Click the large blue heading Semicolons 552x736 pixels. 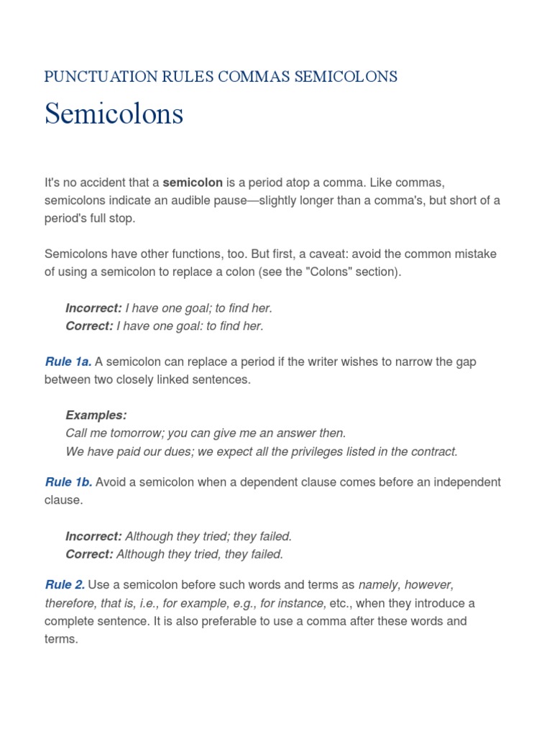click(114, 114)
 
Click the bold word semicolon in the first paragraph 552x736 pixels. click(193, 183)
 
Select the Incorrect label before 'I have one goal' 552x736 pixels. click(93, 308)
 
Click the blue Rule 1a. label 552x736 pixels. click(68, 362)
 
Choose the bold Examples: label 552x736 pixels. click(96, 415)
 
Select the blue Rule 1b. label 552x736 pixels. click(68, 482)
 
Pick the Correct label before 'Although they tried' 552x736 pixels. click(89, 554)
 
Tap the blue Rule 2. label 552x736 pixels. click(65, 585)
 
